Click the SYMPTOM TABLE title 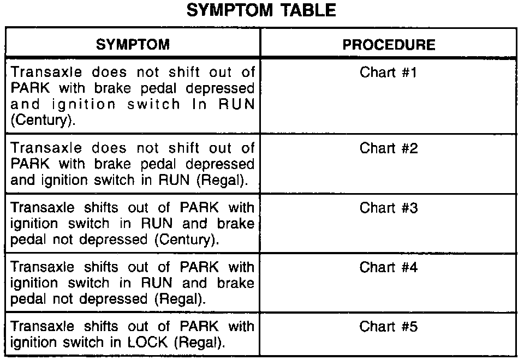pos(261,11)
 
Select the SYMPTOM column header pos(133,45)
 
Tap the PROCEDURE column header pos(389,45)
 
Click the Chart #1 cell pos(389,73)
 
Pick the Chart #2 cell pos(389,148)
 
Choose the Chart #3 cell pos(389,208)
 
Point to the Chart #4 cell pos(389,267)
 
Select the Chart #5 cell pos(389,327)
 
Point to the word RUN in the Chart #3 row pos(159,224)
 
